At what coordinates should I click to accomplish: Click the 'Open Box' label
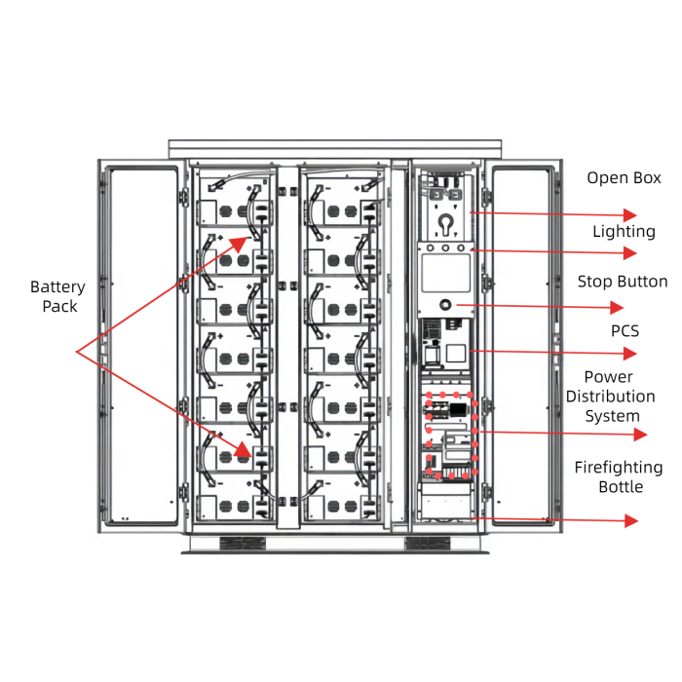pos(624,178)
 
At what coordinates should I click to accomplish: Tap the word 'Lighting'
pos(624,232)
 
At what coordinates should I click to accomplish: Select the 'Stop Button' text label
pos(623,282)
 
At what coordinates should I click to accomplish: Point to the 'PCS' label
pos(625,331)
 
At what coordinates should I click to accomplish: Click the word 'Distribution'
pos(610,397)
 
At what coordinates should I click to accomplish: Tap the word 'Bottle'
pos(621,487)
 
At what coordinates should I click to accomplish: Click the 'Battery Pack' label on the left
pos(57,296)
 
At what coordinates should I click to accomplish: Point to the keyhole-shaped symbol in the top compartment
pos(446,224)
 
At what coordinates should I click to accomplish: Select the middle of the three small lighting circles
pos(446,248)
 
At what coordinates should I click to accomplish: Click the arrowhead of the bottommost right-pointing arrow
pos(631,521)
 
